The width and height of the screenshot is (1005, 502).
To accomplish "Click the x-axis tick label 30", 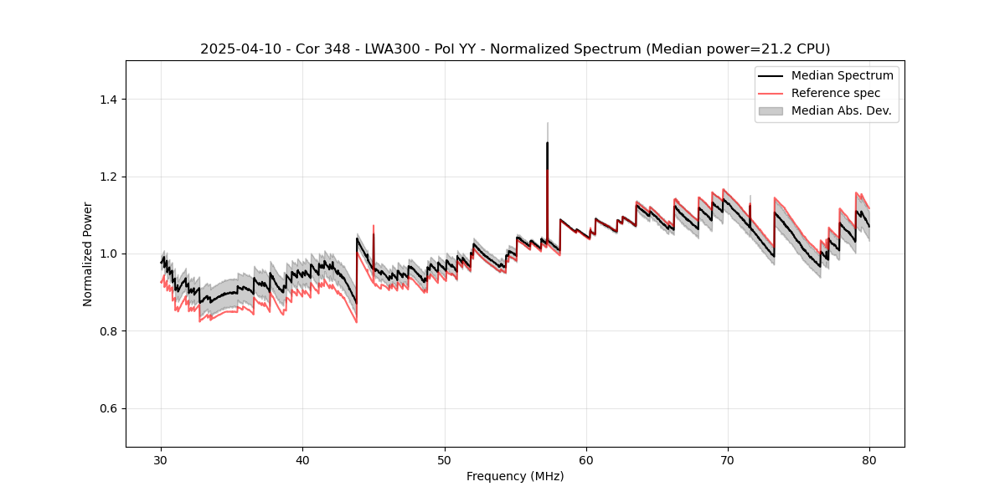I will coord(162,460).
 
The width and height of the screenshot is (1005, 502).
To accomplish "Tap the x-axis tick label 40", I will coord(303,460).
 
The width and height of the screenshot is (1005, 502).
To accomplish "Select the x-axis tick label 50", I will coord(445,460).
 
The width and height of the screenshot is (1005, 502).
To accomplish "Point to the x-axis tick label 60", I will coord(586,460).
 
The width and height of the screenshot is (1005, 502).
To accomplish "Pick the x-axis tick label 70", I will coord(728,460).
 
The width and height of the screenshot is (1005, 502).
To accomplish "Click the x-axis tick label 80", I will coord(869,460).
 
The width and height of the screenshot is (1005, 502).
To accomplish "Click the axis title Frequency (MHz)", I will coord(515,476).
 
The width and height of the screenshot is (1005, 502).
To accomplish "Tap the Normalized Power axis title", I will coord(88,254).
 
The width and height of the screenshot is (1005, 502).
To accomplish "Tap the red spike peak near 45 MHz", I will coord(374,225).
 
